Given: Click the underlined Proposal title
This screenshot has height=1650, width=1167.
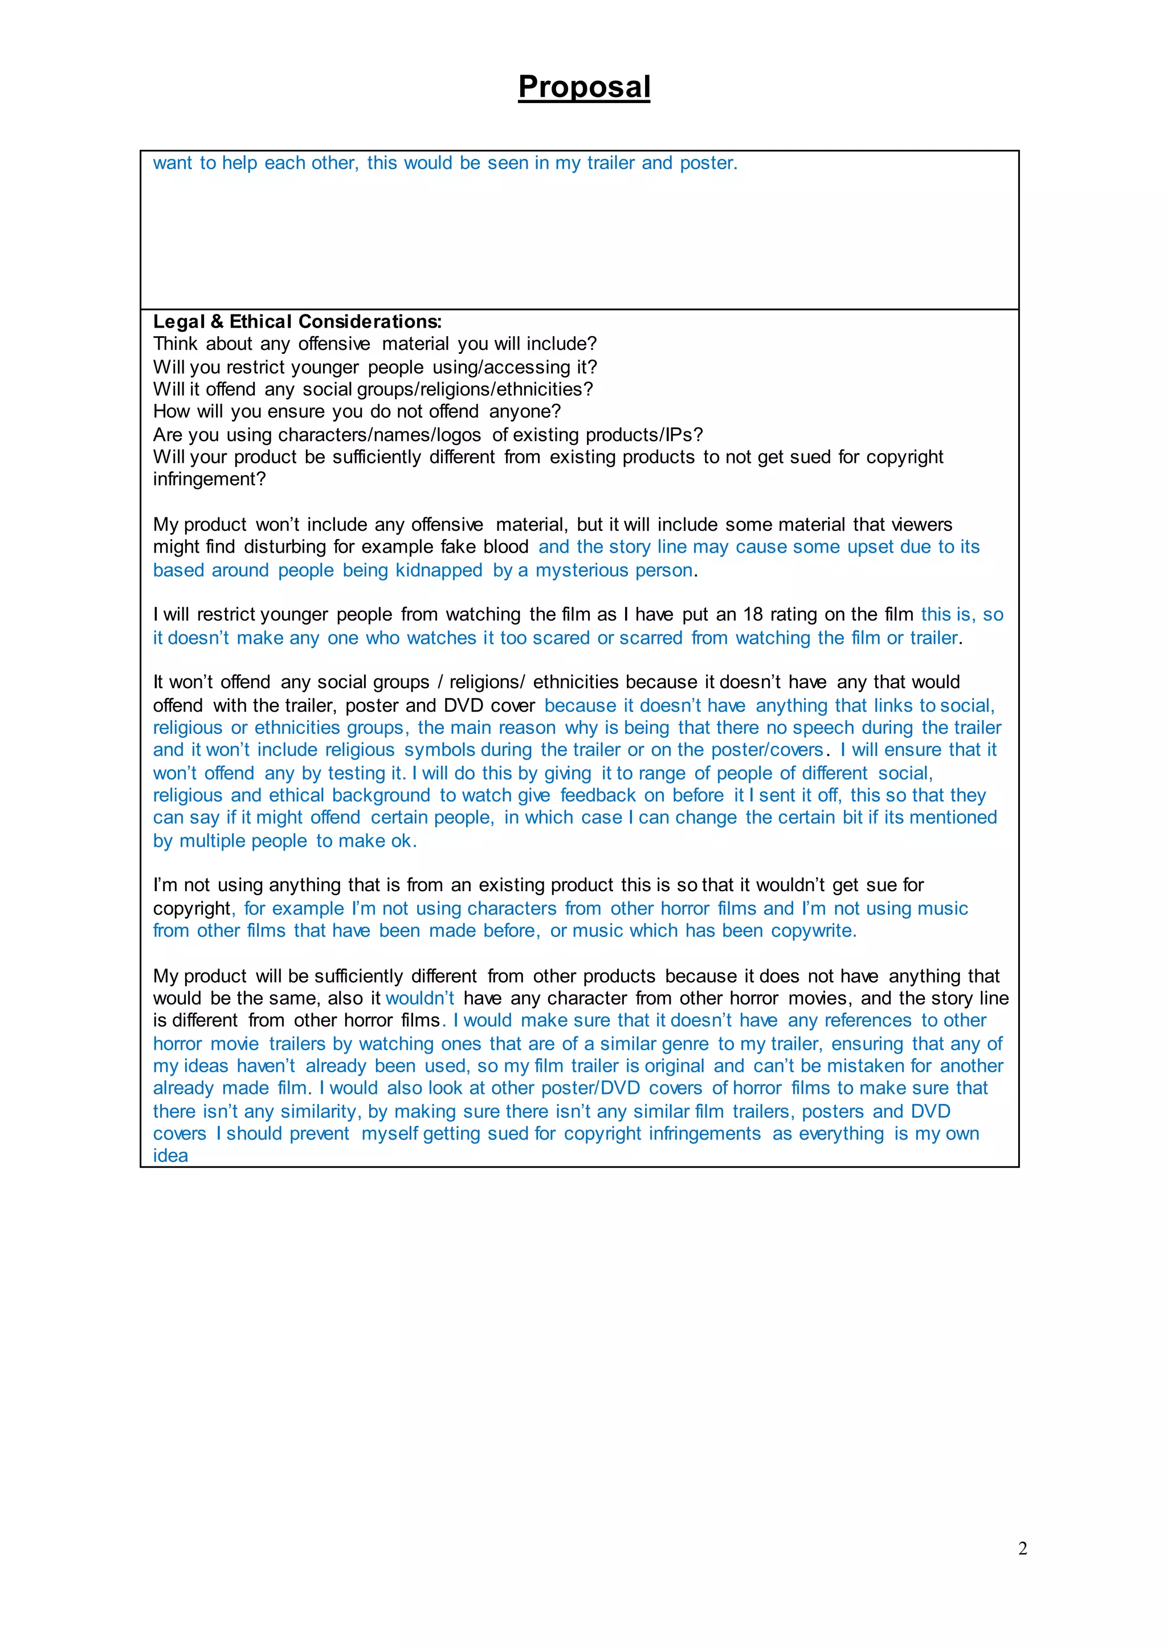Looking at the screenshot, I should pyautogui.click(x=583, y=87).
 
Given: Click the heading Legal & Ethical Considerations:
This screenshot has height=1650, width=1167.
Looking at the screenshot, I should pyautogui.click(x=297, y=321).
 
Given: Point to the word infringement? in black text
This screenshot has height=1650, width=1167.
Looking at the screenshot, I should pyautogui.click(x=209, y=479).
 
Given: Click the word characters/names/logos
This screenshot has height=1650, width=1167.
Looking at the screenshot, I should pyautogui.click(x=380, y=435).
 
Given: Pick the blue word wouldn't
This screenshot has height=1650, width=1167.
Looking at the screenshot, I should pyautogui.click(x=419, y=998).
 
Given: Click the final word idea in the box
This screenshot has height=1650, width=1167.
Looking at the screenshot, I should pyautogui.click(x=170, y=1155).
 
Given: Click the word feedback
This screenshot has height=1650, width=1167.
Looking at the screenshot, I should pyautogui.click(x=598, y=795).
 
